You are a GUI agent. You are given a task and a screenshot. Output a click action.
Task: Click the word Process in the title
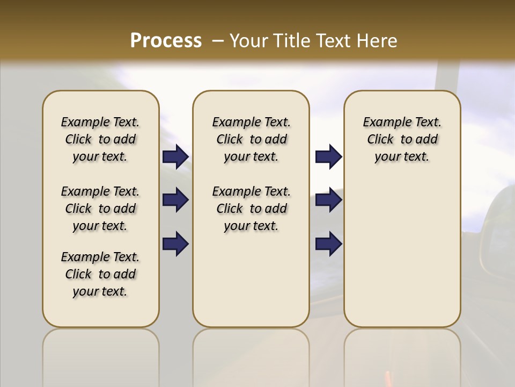[x=166, y=41]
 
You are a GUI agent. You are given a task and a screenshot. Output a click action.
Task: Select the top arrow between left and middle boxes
[x=175, y=157]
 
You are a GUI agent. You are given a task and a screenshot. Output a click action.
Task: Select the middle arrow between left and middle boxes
[x=175, y=200]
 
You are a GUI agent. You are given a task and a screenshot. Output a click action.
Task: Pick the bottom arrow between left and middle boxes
[x=175, y=243]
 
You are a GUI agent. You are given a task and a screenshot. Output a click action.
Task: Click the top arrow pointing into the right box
[x=328, y=157]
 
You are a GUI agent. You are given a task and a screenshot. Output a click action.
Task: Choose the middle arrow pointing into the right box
[x=328, y=200]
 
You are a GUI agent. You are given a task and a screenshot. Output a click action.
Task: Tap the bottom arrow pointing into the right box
[x=328, y=243]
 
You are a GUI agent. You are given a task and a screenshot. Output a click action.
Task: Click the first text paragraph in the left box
[x=100, y=139]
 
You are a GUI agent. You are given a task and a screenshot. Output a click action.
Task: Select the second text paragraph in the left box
[x=100, y=209]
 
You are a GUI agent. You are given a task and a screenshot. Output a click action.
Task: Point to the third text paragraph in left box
[x=100, y=274]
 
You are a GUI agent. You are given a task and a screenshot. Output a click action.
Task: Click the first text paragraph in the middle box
[x=251, y=139]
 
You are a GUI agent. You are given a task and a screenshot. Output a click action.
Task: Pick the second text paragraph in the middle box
[x=251, y=209]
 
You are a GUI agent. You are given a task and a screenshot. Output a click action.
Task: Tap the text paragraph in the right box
[x=402, y=139]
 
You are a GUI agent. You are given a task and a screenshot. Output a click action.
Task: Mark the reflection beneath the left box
[x=101, y=355]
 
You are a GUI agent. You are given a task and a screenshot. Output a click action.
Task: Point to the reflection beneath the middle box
[x=251, y=355]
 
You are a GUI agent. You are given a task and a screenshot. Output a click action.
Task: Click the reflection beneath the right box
[x=402, y=355]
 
